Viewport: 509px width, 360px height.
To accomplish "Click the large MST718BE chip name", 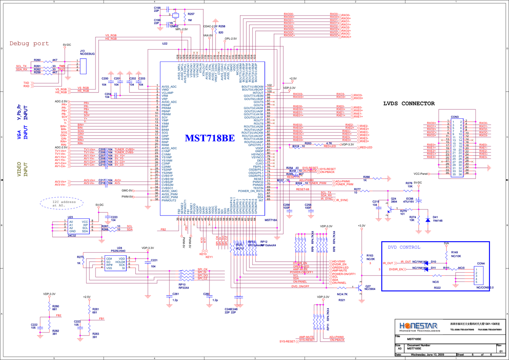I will pos(210,139).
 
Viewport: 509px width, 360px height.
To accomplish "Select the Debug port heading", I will pos(29,43).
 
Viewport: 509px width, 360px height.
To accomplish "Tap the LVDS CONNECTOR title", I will pos(409,103).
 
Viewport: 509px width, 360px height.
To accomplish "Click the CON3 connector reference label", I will pos(454,117).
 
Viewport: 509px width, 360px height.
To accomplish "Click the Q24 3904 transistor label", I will pos(394,200).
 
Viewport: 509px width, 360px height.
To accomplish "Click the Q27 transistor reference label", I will pos(368,286).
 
